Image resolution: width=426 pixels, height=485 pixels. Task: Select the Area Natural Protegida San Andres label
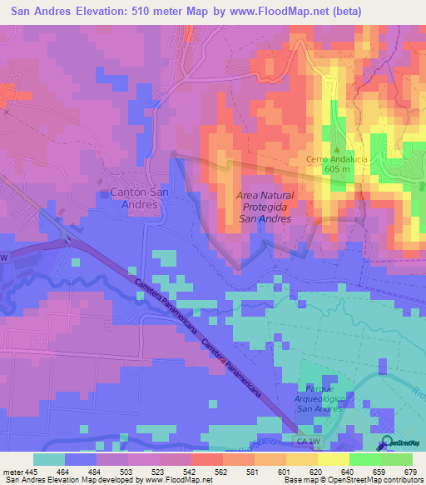[265, 206]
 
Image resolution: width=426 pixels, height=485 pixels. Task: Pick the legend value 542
[191, 472]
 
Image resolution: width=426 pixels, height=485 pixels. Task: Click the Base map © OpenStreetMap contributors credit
[353, 480]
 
